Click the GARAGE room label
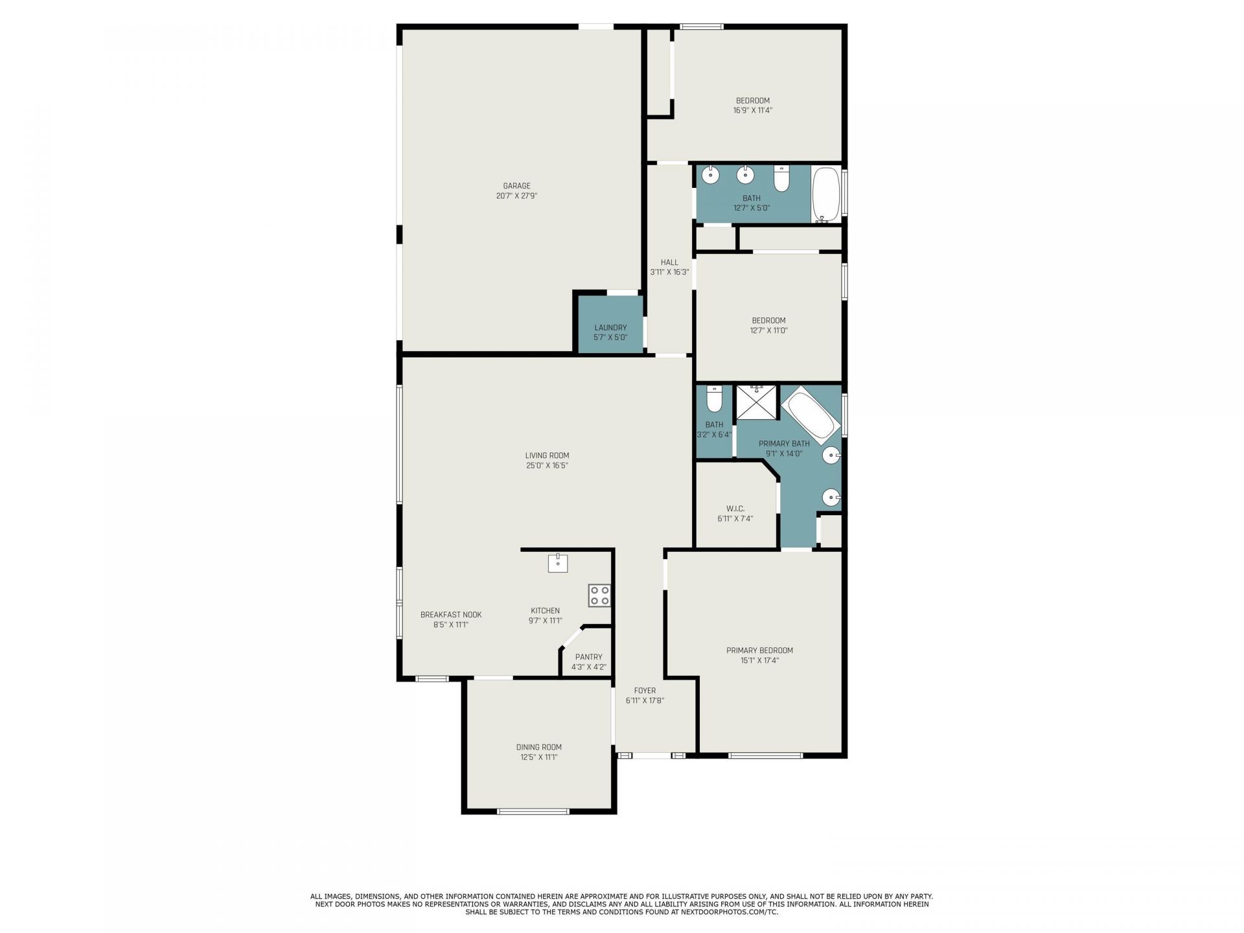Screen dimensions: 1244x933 (516, 186)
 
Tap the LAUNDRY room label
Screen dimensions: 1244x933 (610, 328)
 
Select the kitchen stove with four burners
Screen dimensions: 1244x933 (599, 596)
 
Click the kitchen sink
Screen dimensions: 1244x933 (558, 563)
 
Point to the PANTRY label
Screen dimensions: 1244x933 (588, 657)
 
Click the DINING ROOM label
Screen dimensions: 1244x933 (538, 747)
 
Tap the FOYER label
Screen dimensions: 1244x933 (645, 691)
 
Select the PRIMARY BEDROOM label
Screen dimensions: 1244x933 (759, 651)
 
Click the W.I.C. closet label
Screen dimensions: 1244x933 (735, 509)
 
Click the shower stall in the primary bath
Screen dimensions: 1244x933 (756, 402)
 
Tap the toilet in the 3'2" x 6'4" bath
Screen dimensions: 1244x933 (714, 399)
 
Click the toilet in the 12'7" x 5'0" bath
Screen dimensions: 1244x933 (782, 178)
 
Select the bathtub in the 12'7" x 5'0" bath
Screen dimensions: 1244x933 (826, 194)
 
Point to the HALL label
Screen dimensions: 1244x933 (669, 262)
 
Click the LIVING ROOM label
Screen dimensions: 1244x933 (547, 455)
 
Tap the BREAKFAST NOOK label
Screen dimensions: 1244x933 (451, 615)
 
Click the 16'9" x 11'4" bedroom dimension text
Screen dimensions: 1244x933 (752, 110)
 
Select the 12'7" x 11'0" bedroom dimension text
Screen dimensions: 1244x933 (768, 330)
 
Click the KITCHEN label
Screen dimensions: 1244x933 (545, 610)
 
